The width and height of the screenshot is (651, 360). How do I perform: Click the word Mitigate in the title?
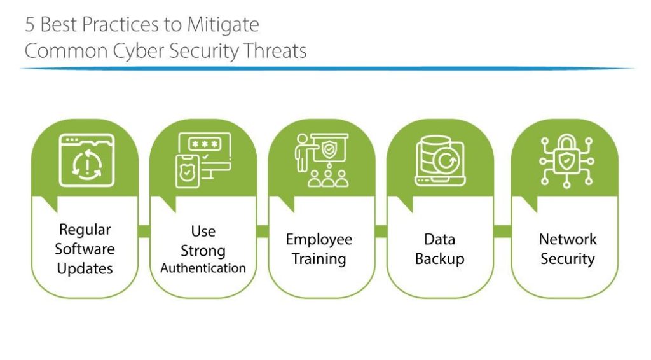coord(223,25)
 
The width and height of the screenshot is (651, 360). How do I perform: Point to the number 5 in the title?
coord(29,25)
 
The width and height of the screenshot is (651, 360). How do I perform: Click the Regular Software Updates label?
coord(85,249)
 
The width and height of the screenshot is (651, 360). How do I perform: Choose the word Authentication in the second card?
coord(203,268)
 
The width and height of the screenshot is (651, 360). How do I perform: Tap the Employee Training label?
coord(319,249)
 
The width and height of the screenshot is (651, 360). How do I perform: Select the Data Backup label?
coord(440,249)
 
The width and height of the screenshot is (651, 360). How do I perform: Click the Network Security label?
coord(568,249)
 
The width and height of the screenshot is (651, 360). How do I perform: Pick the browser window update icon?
coord(86,160)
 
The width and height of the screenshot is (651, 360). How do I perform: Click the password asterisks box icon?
coord(205,144)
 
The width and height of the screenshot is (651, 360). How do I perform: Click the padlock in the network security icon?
coord(566,155)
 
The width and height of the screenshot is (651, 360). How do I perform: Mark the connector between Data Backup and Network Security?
coord(502,232)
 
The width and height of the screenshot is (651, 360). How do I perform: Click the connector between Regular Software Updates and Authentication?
coord(144,232)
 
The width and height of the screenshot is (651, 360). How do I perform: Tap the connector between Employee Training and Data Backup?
coord(381,232)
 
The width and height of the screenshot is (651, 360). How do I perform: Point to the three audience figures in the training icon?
coord(328,179)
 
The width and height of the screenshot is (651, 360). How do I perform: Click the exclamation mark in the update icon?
coord(87,166)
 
